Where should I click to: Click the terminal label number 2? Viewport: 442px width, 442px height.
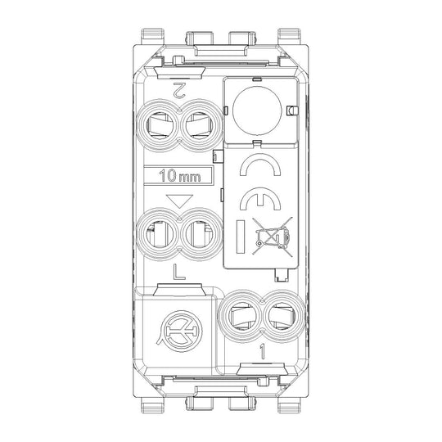[x=179, y=90]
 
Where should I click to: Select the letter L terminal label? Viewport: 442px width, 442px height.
[x=178, y=272]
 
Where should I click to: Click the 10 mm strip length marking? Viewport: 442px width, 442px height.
[x=180, y=176]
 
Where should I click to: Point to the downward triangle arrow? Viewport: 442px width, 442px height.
[x=179, y=201]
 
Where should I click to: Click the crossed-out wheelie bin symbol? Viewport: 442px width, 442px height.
[x=272, y=237]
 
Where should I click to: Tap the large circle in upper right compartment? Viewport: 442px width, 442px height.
[x=257, y=110]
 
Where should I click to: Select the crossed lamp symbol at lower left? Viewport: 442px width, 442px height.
[x=180, y=331]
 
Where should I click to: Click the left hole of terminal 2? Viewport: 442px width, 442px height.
[x=160, y=124]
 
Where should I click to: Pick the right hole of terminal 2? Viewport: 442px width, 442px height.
[x=199, y=124]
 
